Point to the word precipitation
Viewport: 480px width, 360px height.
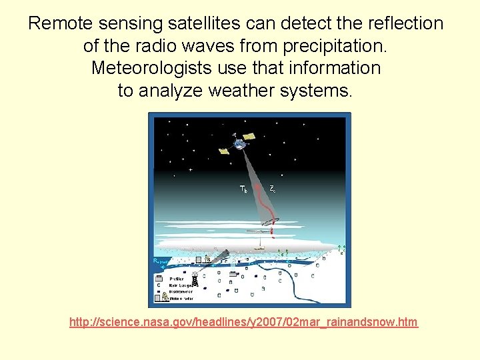coord(336,47)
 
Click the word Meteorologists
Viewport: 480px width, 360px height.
coord(156,68)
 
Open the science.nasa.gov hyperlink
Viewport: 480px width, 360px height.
coord(243,323)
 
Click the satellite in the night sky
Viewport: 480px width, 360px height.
coord(240,141)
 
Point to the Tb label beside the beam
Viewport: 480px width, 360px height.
coord(244,189)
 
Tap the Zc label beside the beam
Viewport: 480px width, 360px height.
coord(273,189)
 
